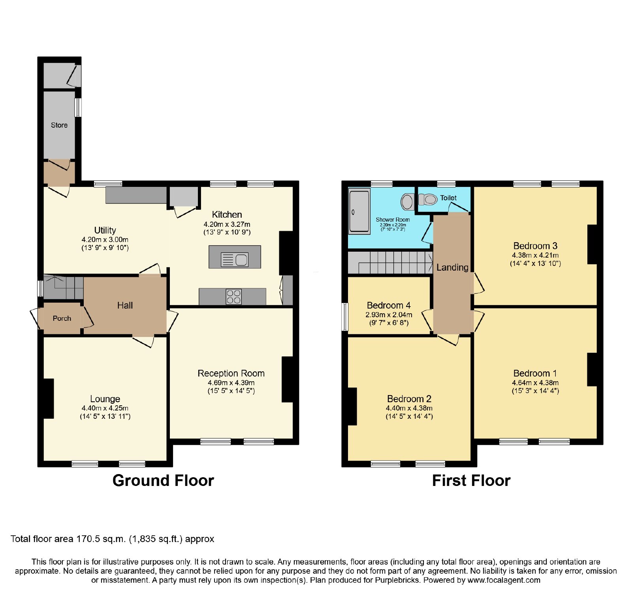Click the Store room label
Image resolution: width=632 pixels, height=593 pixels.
click(x=59, y=125)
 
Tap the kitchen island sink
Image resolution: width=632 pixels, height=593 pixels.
click(x=235, y=260)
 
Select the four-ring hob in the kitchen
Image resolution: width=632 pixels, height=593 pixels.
click(x=233, y=297)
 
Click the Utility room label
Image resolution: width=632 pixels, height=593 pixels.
click(x=105, y=230)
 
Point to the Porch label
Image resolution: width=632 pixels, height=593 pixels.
click(x=62, y=318)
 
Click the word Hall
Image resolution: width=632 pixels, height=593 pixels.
click(x=125, y=305)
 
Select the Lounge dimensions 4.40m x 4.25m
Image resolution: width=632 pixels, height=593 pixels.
click(x=105, y=408)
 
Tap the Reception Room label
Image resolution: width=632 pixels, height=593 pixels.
click(x=231, y=373)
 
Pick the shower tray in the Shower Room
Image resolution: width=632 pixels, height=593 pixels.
click(x=359, y=211)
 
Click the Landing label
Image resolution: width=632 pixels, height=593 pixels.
click(x=452, y=267)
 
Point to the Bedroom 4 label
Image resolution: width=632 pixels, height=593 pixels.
click(x=389, y=305)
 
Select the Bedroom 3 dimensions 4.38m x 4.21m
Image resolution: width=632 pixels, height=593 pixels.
click(x=535, y=255)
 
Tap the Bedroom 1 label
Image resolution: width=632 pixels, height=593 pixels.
click(x=535, y=373)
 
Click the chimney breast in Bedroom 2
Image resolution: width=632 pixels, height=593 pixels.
click(x=352, y=407)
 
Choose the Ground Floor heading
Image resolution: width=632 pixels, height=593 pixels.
click(x=163, y=481)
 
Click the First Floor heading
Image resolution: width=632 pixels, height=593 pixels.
click(x=471, y=481)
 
